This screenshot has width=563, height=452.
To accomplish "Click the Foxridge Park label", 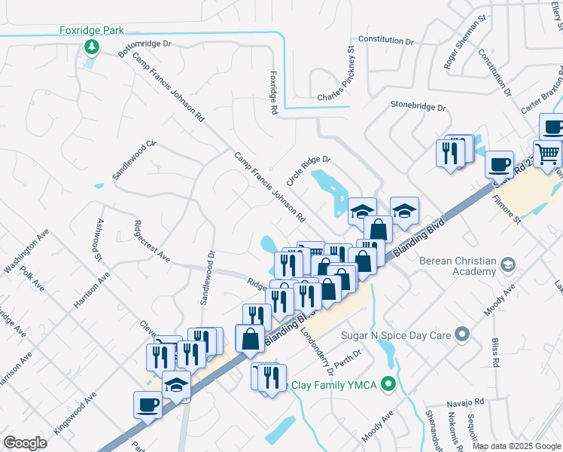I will click(91, 31).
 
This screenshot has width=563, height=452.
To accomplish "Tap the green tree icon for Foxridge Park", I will click(91, 48).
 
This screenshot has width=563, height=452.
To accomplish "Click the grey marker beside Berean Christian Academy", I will click(508, 265).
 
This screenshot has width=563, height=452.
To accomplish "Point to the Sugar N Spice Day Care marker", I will click(462, 332).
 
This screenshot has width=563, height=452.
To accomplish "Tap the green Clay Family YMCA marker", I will click(388, 385).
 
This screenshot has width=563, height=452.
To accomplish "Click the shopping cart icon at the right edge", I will click(547, 154).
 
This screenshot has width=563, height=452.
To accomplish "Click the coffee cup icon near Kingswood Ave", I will click(148, 405).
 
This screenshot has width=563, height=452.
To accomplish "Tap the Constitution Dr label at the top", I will click(386, 40).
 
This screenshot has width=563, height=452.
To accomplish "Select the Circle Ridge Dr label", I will click(308, 172).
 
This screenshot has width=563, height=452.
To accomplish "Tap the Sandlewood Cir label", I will click(134, 158).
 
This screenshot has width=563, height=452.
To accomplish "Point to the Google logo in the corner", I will click(25, 443).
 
